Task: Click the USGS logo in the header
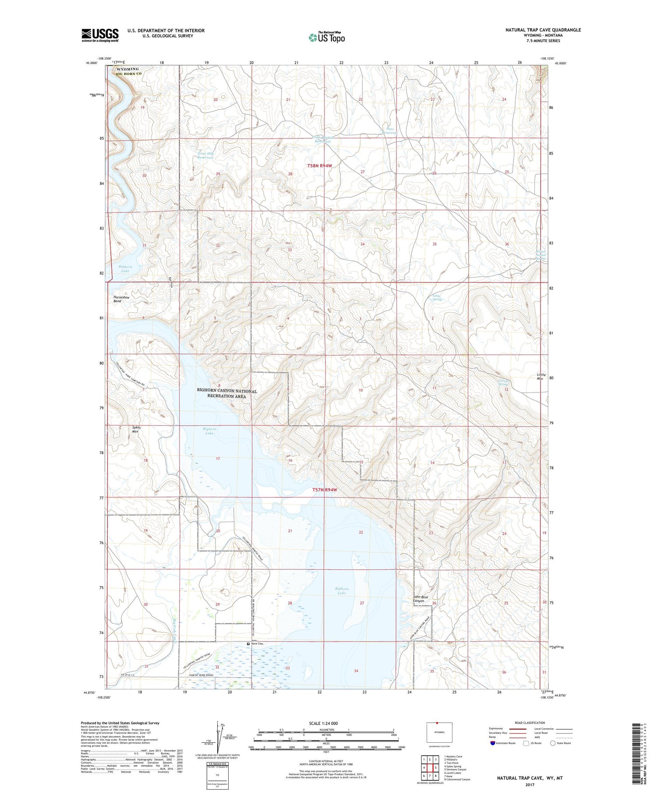(100, 35)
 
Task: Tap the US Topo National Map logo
(326, 38)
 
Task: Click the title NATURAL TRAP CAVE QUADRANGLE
(543, 30)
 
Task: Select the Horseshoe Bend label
(121, 299)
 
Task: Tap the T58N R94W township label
(320, 166)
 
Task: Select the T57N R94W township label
(325, 490)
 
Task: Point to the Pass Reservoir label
(389, 131)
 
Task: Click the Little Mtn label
(541, 377)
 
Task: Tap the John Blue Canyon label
(420, 599)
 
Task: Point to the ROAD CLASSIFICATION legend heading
(530, 723)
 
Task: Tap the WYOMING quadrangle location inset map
(439, 732)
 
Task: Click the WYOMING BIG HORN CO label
(127, 71)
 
